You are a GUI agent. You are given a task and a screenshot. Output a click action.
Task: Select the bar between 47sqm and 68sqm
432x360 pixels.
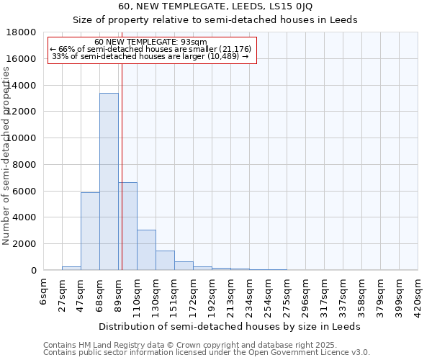(x=90, y=231)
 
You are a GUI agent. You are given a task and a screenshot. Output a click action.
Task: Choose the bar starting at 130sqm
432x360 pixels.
(x=165, y=260)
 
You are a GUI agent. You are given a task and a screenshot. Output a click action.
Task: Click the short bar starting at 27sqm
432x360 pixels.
(x=71, y=268)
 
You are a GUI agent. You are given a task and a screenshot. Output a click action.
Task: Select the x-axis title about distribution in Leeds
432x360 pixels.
(x=230, y=326)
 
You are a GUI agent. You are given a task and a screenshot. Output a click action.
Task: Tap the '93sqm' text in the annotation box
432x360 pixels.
(x=195, y=42)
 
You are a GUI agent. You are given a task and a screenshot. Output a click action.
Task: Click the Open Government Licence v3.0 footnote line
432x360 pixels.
(x=207, y=353)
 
